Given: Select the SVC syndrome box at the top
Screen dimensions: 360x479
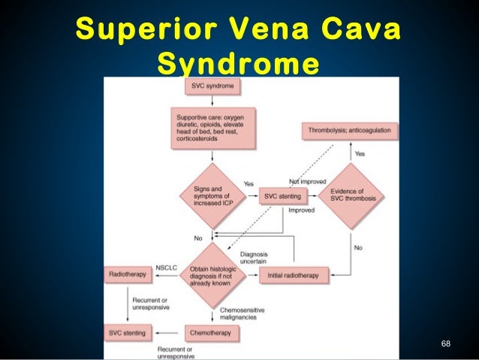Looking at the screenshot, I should [x=213, y=86].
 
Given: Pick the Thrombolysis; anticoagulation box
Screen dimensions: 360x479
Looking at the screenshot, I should [x=350, y=130].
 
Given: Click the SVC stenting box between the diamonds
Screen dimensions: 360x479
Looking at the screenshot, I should [x=282, y=198].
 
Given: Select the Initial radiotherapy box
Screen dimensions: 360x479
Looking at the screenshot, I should [x=293, y=276].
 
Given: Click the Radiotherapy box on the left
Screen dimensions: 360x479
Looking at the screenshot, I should [x=129, y=276].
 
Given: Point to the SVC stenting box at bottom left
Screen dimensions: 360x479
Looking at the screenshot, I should [x=129, y=331].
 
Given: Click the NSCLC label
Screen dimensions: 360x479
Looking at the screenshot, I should [x=166, y=268].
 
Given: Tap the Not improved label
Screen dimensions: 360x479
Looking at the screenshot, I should [x=306, y=182].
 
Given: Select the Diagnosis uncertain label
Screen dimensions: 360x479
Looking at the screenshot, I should [x=254, y=258].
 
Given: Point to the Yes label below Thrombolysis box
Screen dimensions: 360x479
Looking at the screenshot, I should [x=360, y=153].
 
